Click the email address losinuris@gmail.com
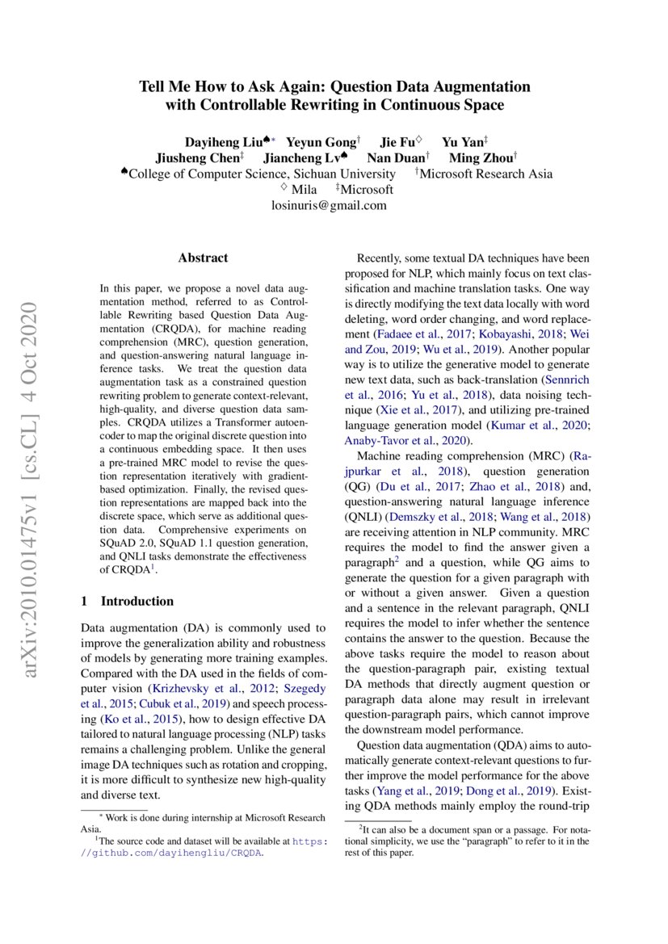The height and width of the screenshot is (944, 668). tap(329, 205)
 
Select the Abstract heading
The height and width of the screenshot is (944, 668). tap(203, 258)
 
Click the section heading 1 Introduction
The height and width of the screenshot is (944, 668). tap(128, 601)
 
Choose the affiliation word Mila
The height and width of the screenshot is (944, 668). tap(304, 190)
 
